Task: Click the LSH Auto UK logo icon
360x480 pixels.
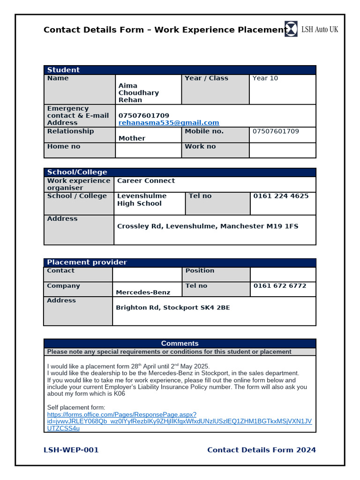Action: pos(291,29)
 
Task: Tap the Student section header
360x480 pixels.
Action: pos(64,70)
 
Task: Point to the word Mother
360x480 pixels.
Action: pos(132,138)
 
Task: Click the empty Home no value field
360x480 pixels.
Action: pos(148,150)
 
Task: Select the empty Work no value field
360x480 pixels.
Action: pos(282,150)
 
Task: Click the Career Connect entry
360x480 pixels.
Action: pos(146,181)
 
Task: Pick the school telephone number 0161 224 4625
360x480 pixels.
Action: pos(281,196)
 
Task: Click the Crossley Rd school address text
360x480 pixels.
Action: pos(207,226)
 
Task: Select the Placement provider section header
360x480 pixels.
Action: pos(87,262)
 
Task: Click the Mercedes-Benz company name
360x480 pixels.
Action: pos(143,292)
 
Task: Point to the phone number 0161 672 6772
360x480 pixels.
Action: pos(280,286)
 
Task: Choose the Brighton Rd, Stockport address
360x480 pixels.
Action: pos(172,308)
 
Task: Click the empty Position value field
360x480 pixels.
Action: pos(283,274)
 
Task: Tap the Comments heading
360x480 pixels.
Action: pos(180,344)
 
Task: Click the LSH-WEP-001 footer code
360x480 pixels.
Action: pos(71,450)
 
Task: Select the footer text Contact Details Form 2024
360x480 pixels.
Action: pos(261,450)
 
